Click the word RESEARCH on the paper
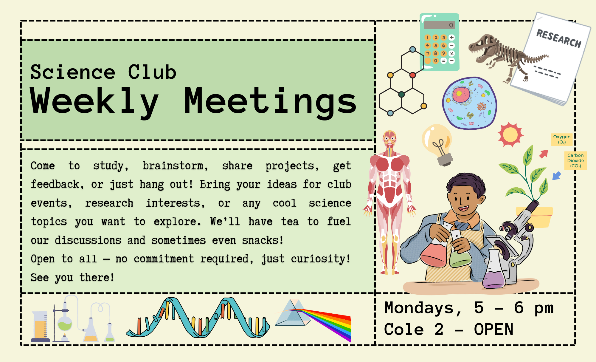(559, 38)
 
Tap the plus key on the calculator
(452, 37)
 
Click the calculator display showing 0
(440, 25)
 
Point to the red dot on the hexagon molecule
(412, 75)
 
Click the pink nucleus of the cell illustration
(461, 94)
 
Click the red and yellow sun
(510, 134)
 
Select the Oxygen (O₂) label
(562, 139)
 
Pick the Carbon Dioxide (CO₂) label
(575, 160)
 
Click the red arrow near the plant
(544, 154)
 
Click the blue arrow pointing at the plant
(557, 176)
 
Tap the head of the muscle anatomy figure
(390, 139)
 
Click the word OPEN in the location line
(494, 329)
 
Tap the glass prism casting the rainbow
(292, 313)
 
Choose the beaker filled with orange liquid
(41, 327)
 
